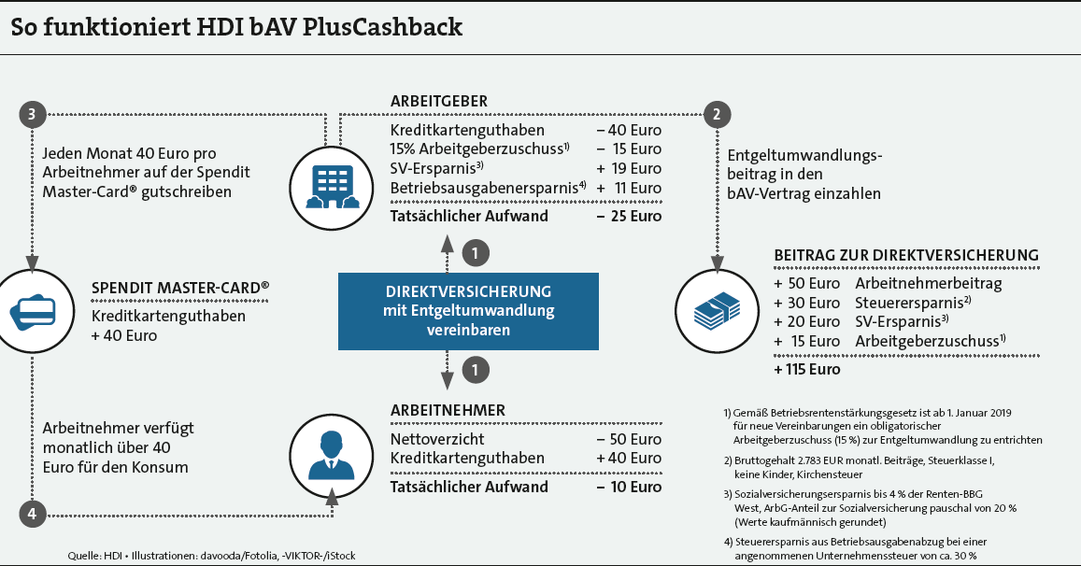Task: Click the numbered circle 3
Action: (32, 115)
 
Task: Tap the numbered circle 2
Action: (717, 115)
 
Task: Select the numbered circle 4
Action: (32, 514)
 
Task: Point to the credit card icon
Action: (33, 312)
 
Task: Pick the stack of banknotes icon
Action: (717, 312)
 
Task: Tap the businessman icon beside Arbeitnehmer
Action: (332, 456)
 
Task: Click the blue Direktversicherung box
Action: (468, 311)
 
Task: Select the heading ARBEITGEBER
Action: (438, 102)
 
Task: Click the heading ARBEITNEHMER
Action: (448, 410)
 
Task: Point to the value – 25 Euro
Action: (629, 216)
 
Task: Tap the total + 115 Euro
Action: (806, 370)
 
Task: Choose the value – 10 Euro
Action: (629, 487)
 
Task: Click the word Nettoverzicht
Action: (437, 439)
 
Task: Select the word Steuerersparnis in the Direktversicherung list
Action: (909, 304)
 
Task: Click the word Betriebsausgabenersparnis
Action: (484, 189)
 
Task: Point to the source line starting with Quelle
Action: (212, 556)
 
